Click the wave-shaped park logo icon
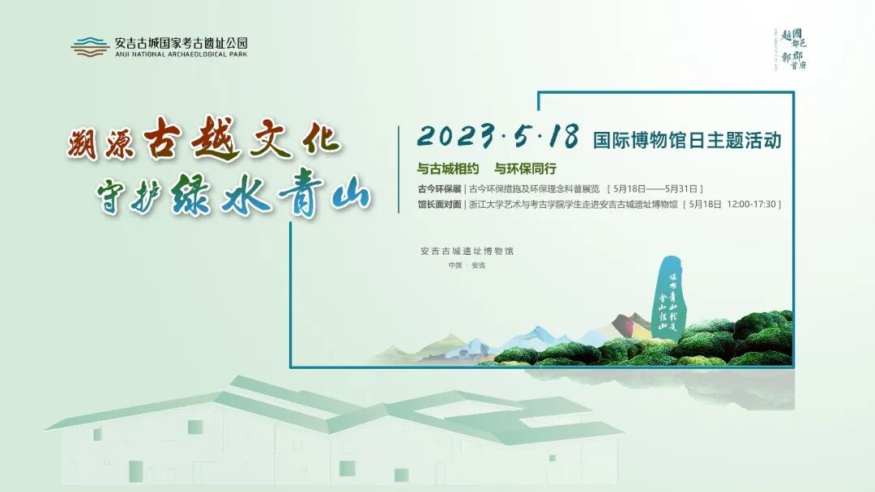(x=89, y=47)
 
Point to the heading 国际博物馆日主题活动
(x=687, y=139)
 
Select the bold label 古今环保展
(x=438, y=188)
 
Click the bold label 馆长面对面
(x=438, y=205)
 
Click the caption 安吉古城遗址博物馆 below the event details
(x=467, y=251)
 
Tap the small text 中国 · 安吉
(x=467, y=266)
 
